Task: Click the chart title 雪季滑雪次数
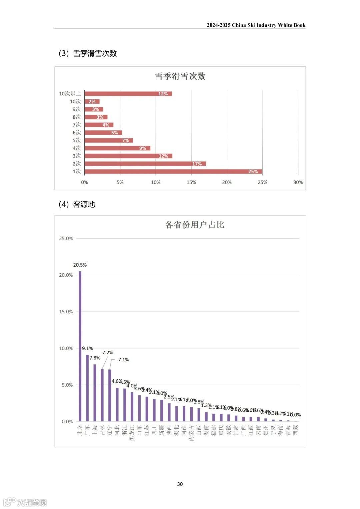[x=180, y=76]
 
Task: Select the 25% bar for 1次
[x=173, y=172]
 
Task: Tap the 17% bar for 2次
[x=145, y=164]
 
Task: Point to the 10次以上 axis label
[x=70, y=94]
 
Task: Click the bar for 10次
[x=92, y=101]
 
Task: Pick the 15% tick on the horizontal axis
[x=191, y=182]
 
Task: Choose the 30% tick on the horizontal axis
[x=298, y=182]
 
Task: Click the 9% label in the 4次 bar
[x=143, y=148]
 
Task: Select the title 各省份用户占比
[x=195, y=225]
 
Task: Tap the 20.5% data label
[x=80, y=265]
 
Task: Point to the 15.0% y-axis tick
[x=66, y=312]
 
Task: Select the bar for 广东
[x=87, y=388]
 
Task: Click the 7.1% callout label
[x=123, y=360]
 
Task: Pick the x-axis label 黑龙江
[x=132, y=433]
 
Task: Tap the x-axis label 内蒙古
[x=191, y=433]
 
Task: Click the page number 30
[x=180, y=484]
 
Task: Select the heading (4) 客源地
[x=77, y=204]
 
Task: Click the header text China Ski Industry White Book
[x=256, y=25]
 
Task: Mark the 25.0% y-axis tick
[x=66, y=238]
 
